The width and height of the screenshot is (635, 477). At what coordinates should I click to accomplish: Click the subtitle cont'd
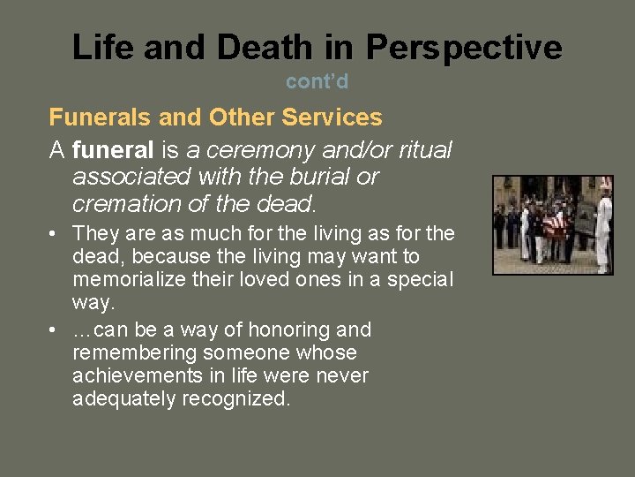pos(317,81)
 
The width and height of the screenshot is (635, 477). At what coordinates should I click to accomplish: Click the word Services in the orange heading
pos(336,117)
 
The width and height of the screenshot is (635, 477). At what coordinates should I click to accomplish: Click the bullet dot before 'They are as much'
pos(55,234)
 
